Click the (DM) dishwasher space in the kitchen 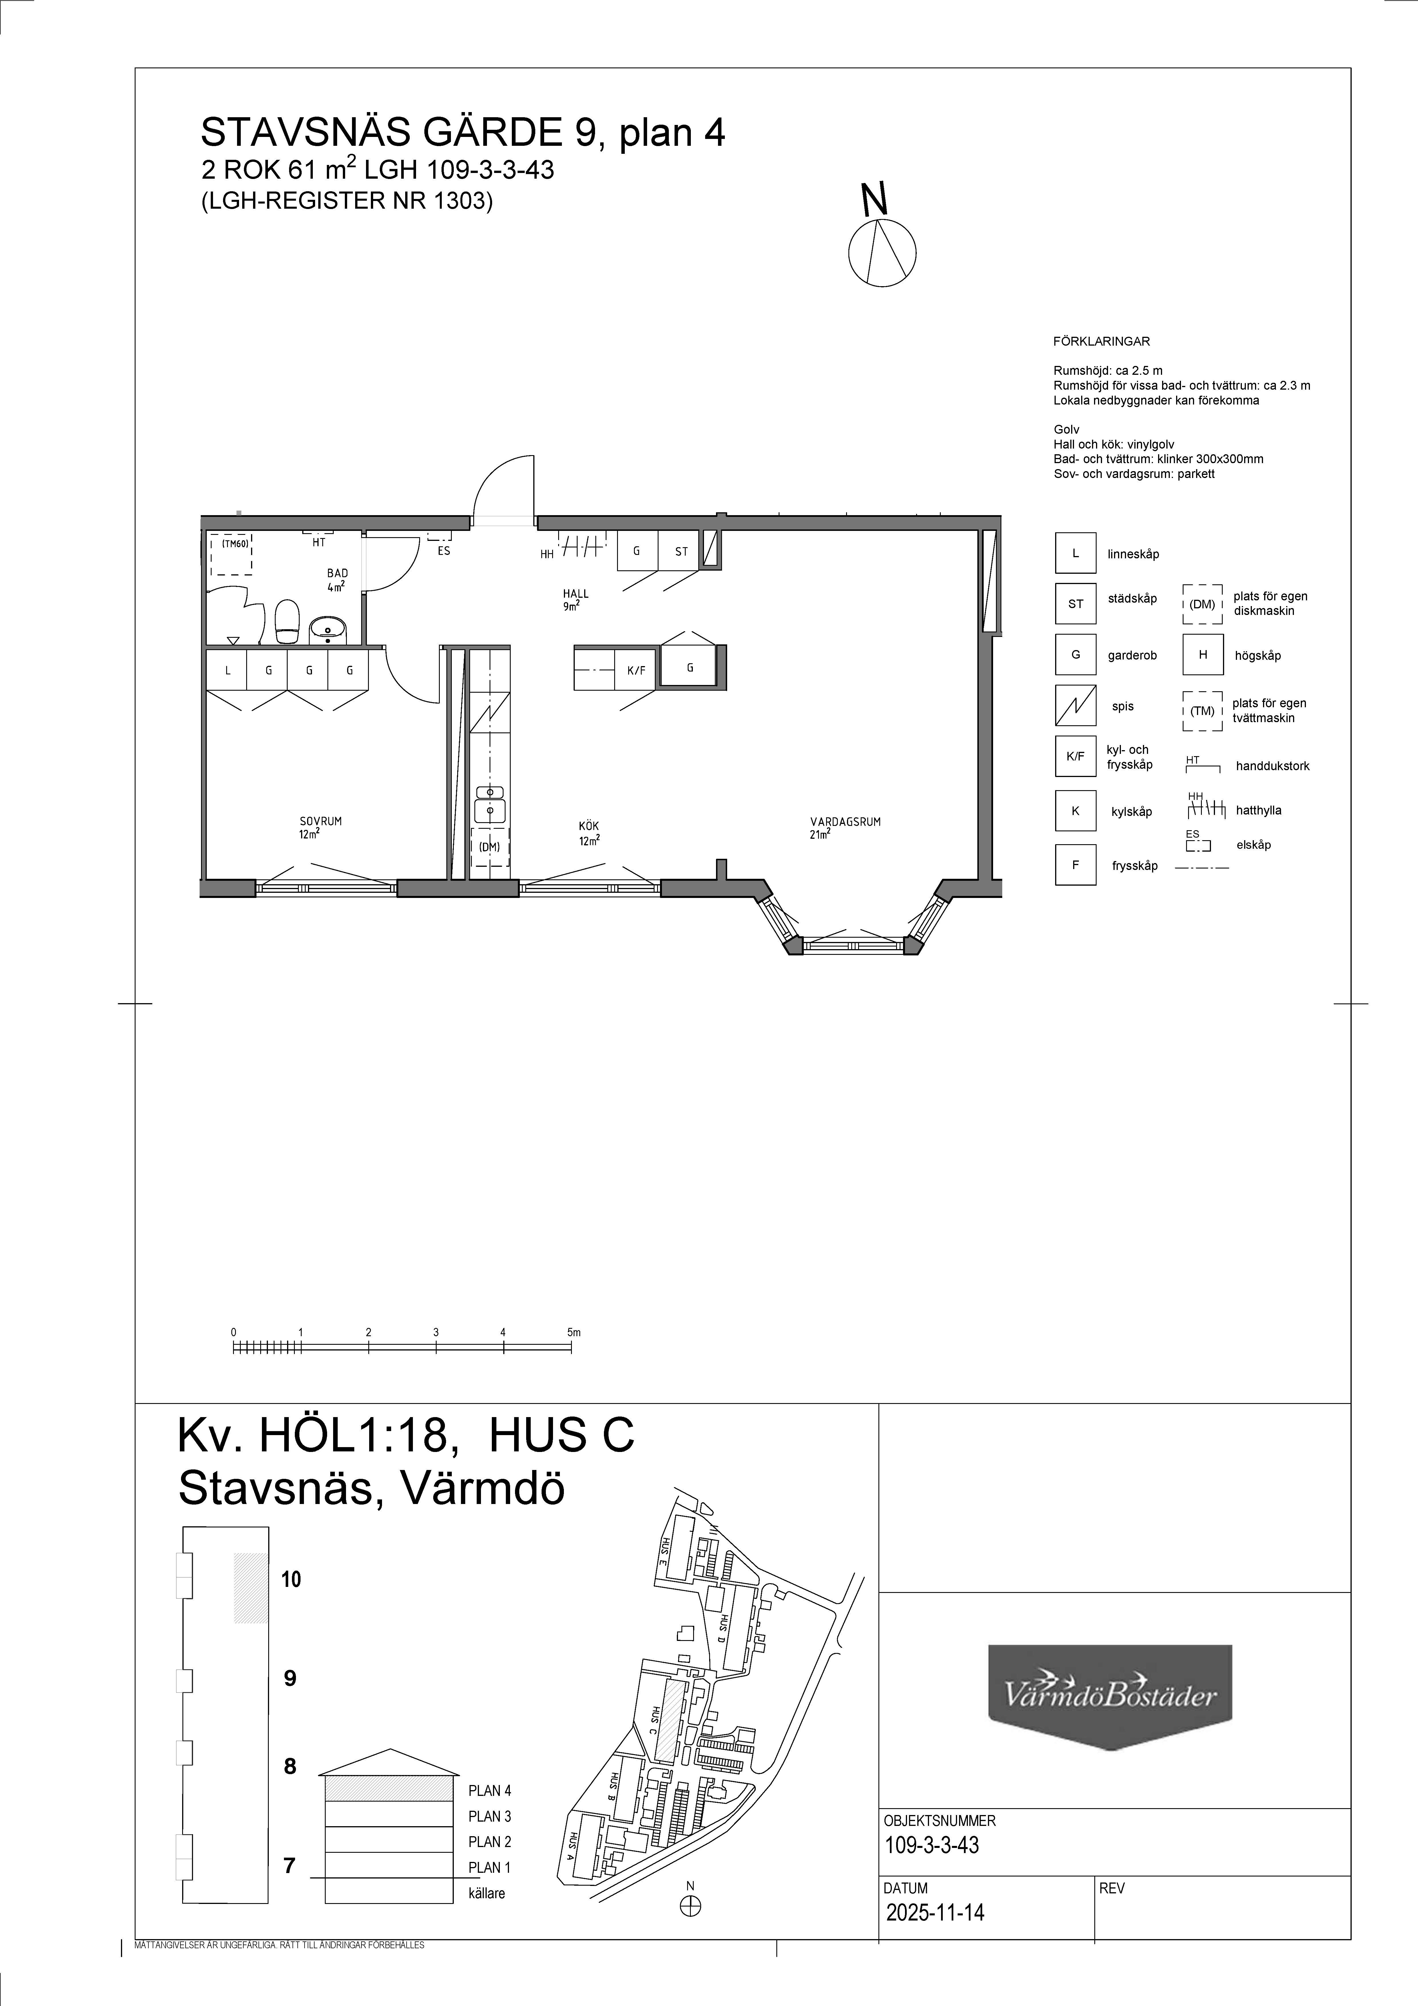489,846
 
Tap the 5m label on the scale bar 573,1332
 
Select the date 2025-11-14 935,1913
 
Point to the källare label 487,1893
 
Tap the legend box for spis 1075,706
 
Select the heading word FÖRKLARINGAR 1102,342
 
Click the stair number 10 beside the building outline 291,1579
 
